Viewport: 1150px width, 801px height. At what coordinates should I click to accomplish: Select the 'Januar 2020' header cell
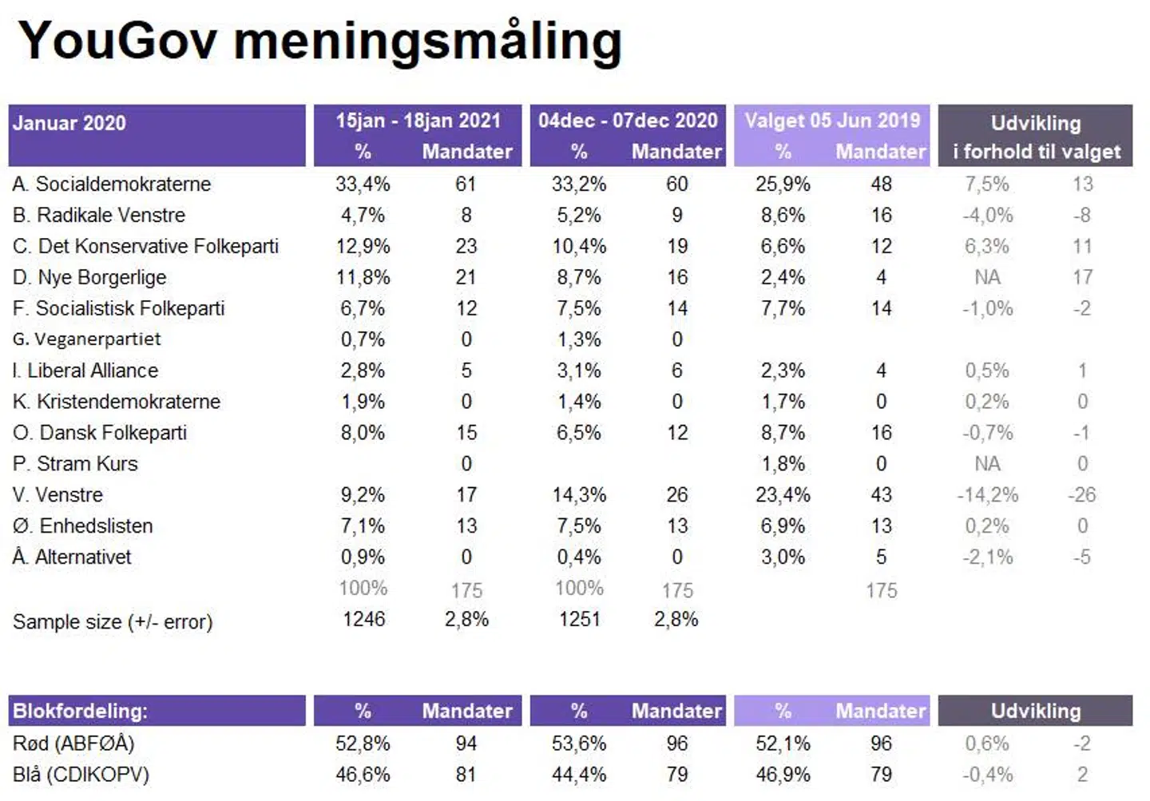[x=69, y=124]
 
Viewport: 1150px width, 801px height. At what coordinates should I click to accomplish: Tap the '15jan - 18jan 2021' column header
[x=418, y=121]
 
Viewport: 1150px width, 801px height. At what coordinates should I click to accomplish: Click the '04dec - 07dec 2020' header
[x=628, y=121]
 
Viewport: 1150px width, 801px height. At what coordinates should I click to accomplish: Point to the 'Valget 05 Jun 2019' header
[x=832, y=121]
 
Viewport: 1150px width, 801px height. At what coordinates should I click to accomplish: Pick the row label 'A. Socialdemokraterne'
[x=112, y=184]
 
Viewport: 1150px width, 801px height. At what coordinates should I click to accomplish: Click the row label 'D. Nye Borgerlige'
[x=89, y=278]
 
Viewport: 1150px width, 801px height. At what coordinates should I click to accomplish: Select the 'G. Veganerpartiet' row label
[x=87, y=339]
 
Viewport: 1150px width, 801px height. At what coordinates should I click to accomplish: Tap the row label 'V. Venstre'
[x=57, y=495]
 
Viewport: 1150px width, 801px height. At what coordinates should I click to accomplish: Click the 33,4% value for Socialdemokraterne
[x=363, y=184]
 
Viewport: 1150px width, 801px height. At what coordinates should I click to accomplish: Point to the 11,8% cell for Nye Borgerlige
[x=363, y=278]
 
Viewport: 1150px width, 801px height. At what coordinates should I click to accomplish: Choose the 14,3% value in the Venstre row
[x=579, y=495]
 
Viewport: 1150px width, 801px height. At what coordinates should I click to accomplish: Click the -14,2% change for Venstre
[x=987, y=495]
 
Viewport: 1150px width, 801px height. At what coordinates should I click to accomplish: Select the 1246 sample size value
[x=364, y=620]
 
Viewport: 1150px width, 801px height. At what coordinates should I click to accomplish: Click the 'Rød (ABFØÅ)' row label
[x=73, y=744]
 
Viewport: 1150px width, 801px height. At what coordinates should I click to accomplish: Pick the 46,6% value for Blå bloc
[x=363, y=775]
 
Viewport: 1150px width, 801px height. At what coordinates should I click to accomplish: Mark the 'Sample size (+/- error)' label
[x=113, y=622]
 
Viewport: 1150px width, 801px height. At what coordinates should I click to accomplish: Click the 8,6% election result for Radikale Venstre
[x=783, y=216]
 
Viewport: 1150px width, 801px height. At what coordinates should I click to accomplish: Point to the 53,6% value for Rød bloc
[x=579, y=744]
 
